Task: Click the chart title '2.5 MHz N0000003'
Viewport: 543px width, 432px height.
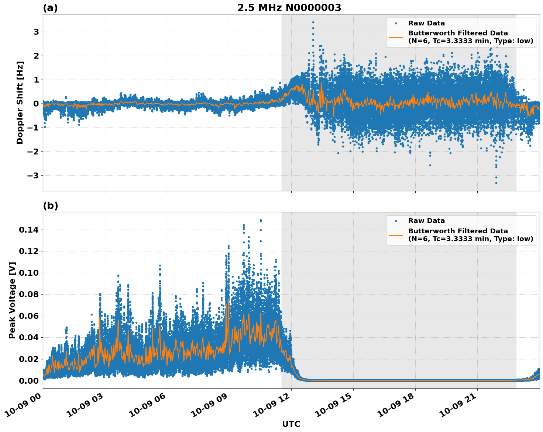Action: pos(289,8)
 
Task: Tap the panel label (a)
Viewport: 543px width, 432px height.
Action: pos(50,8)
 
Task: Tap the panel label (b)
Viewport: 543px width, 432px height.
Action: pos(50,206)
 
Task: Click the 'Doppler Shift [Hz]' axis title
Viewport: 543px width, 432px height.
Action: pos(20,102)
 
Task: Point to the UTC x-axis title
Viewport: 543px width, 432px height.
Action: pos(291,424)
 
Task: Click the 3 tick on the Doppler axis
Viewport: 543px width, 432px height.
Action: pos(36,32)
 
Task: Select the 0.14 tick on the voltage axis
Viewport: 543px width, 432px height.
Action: pos(29,230)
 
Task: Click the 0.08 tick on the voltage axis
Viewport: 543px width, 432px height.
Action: pos(29,295)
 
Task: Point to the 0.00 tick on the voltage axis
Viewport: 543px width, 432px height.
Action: pos(29,381)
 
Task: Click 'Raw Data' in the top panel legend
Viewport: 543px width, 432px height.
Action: pos(426,23)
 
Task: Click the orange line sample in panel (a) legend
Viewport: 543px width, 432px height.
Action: pos(396,37)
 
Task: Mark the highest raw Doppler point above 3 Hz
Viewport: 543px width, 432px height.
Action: pos(313,22)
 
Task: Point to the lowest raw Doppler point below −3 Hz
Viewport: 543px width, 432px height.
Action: pos(496,183)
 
